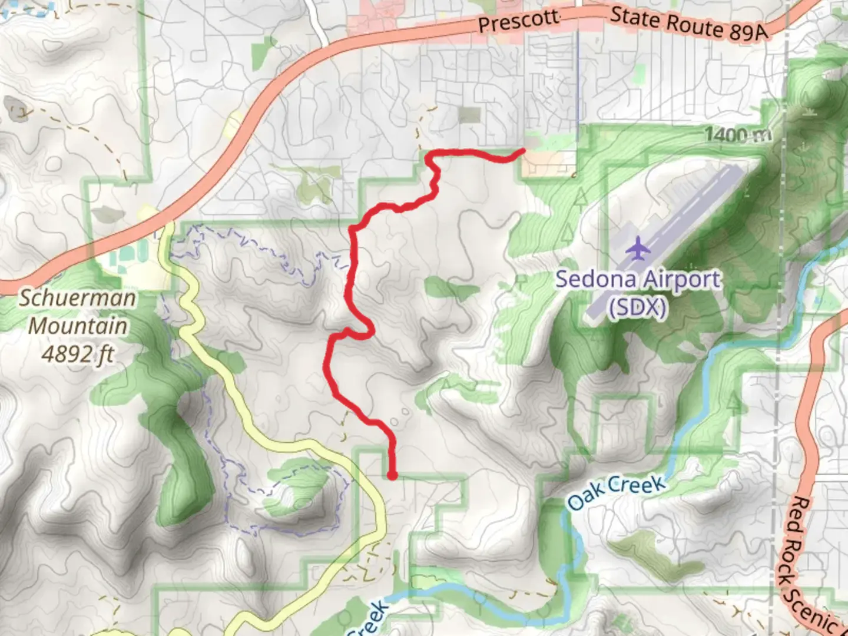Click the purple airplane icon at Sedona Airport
click(x=638, y=249)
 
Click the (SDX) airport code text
click(x=638, y=307)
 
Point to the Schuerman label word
click(x=78, y=298)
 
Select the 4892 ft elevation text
click(x=78, y=354)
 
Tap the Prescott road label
click(x=518, y=22)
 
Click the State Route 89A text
click(x=689, y=24)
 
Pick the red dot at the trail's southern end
click(x=392, y=475)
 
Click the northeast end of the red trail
click(x=522, y=151)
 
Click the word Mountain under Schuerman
click(x=78, y=326)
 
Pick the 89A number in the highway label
click(x=750, y=32)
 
